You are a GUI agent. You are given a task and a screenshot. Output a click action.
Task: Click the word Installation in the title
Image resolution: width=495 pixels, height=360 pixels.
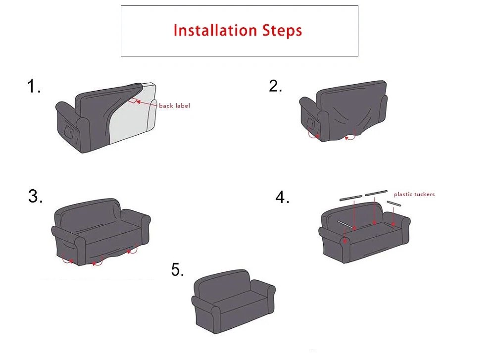point(215,31)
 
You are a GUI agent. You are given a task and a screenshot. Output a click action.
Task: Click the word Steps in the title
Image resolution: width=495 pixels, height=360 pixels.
point(282,31)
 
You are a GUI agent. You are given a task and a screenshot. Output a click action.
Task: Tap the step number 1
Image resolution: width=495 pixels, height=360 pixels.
point(34,86)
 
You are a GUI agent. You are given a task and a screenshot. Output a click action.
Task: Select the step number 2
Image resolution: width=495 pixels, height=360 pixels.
point(275,86)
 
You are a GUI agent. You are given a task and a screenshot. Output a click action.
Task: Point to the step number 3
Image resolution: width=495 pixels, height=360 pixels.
point(35,196)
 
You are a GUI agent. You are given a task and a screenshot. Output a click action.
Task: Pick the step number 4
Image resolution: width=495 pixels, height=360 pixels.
point(282,197)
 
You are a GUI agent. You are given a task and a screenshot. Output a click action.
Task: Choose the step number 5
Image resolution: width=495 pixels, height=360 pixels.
point(177,270)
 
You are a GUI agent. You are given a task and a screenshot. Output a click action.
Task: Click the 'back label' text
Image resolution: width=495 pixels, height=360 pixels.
point(174,106)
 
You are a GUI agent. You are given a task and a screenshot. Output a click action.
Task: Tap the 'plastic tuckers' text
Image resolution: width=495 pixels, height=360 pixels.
point(414,194)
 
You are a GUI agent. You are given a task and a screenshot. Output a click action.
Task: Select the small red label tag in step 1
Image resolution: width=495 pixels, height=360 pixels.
point(134,101)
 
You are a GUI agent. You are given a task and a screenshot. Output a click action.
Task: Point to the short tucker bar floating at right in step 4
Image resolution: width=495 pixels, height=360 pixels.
point(394,204)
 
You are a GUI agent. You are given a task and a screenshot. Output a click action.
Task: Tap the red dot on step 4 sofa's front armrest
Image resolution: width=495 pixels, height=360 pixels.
point(346,241)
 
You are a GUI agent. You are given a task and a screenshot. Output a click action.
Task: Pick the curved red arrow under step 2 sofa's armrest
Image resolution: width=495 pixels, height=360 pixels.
point(313,135)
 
